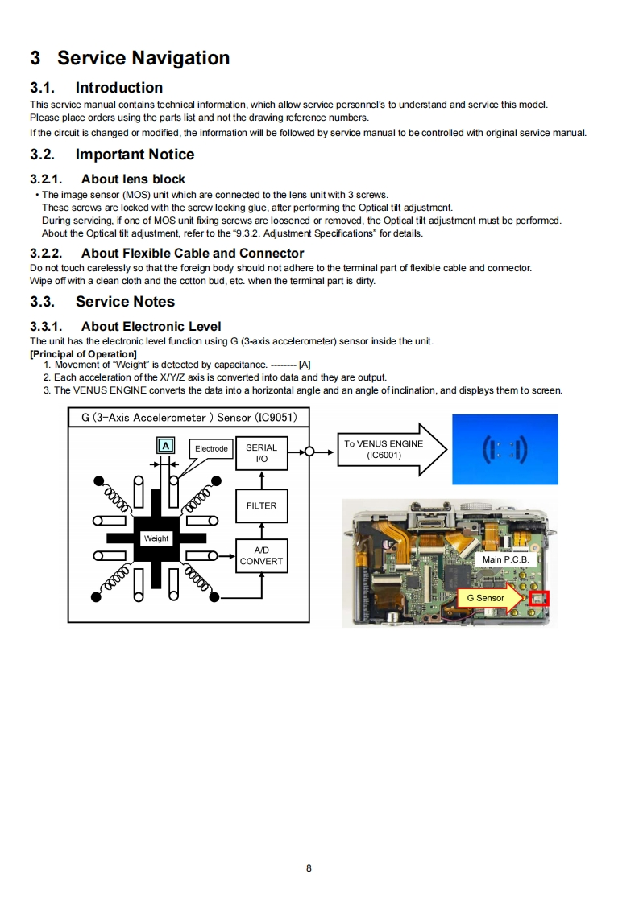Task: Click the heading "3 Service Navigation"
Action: [130, 58]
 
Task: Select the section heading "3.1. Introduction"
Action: [96, 88]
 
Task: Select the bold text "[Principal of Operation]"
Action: [83, 354]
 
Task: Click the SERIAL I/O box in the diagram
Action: [261, 453]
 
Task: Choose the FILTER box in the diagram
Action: [261, 506]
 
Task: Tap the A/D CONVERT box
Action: [261, 556]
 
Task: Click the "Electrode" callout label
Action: [211, 448]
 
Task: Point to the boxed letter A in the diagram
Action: [165, 446]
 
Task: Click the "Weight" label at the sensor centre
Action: [156, 538]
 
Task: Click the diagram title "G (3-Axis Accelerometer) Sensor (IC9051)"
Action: [189, 418]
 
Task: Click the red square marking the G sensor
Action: [539, 599]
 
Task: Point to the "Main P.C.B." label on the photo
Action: [505, 559]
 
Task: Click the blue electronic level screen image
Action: [504, 449]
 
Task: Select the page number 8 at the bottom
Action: [309, 868]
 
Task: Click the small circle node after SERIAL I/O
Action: [308, 451]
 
